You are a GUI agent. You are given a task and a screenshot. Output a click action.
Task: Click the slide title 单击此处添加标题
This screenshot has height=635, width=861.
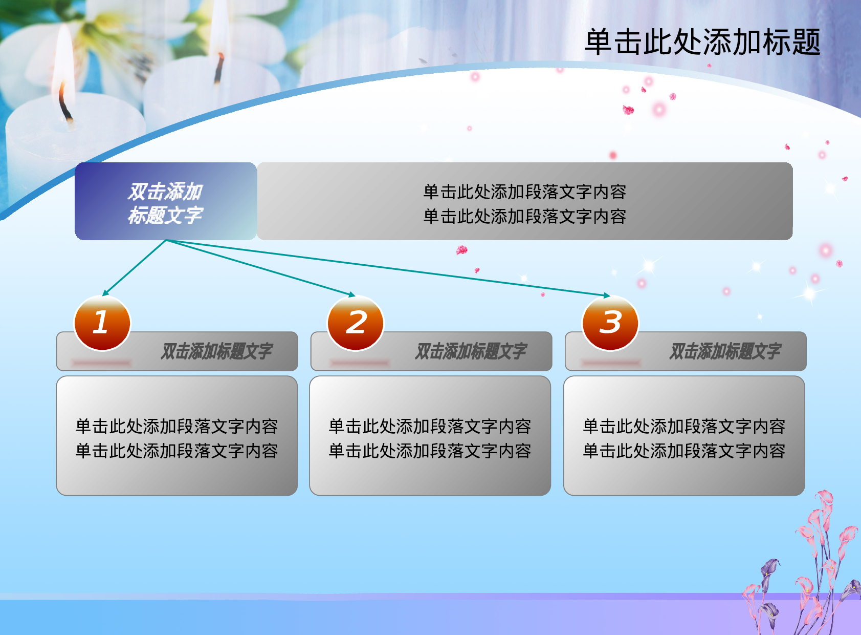click(x=702, y=42)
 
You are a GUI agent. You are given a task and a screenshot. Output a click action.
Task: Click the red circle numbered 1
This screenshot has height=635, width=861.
click(x=102, y=323)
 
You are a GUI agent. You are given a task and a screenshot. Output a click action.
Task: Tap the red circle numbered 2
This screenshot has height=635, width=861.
click(x=356, y=323)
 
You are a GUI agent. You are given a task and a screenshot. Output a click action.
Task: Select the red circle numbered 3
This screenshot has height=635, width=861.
click(x=610, y=323)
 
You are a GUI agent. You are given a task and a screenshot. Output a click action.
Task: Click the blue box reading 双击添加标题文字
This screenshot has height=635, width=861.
click(x=165, y=201)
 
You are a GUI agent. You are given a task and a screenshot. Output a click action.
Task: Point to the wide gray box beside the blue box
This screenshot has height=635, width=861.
click(x=524, y=201)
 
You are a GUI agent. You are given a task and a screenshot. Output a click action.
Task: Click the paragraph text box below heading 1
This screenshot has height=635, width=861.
click(x=176, y=436)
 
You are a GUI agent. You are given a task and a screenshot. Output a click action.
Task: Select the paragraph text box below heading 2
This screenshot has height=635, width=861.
click(x=430, y=436)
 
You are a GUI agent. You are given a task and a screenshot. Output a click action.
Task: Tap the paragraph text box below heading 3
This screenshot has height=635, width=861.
click(x=684, y=436)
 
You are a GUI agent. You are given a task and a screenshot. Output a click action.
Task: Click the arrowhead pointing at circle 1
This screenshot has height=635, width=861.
click(x=105, y=293)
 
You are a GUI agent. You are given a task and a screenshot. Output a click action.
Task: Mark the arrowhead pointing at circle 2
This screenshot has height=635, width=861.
click(x=352, y=294)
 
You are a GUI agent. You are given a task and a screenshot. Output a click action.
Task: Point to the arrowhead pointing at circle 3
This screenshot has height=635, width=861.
click(x=607, y=295)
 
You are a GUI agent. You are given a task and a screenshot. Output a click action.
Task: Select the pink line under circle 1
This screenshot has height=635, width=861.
click(x=101, y=363)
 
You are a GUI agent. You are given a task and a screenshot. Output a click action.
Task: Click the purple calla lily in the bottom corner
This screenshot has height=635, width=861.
click(x=770, y=571)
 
